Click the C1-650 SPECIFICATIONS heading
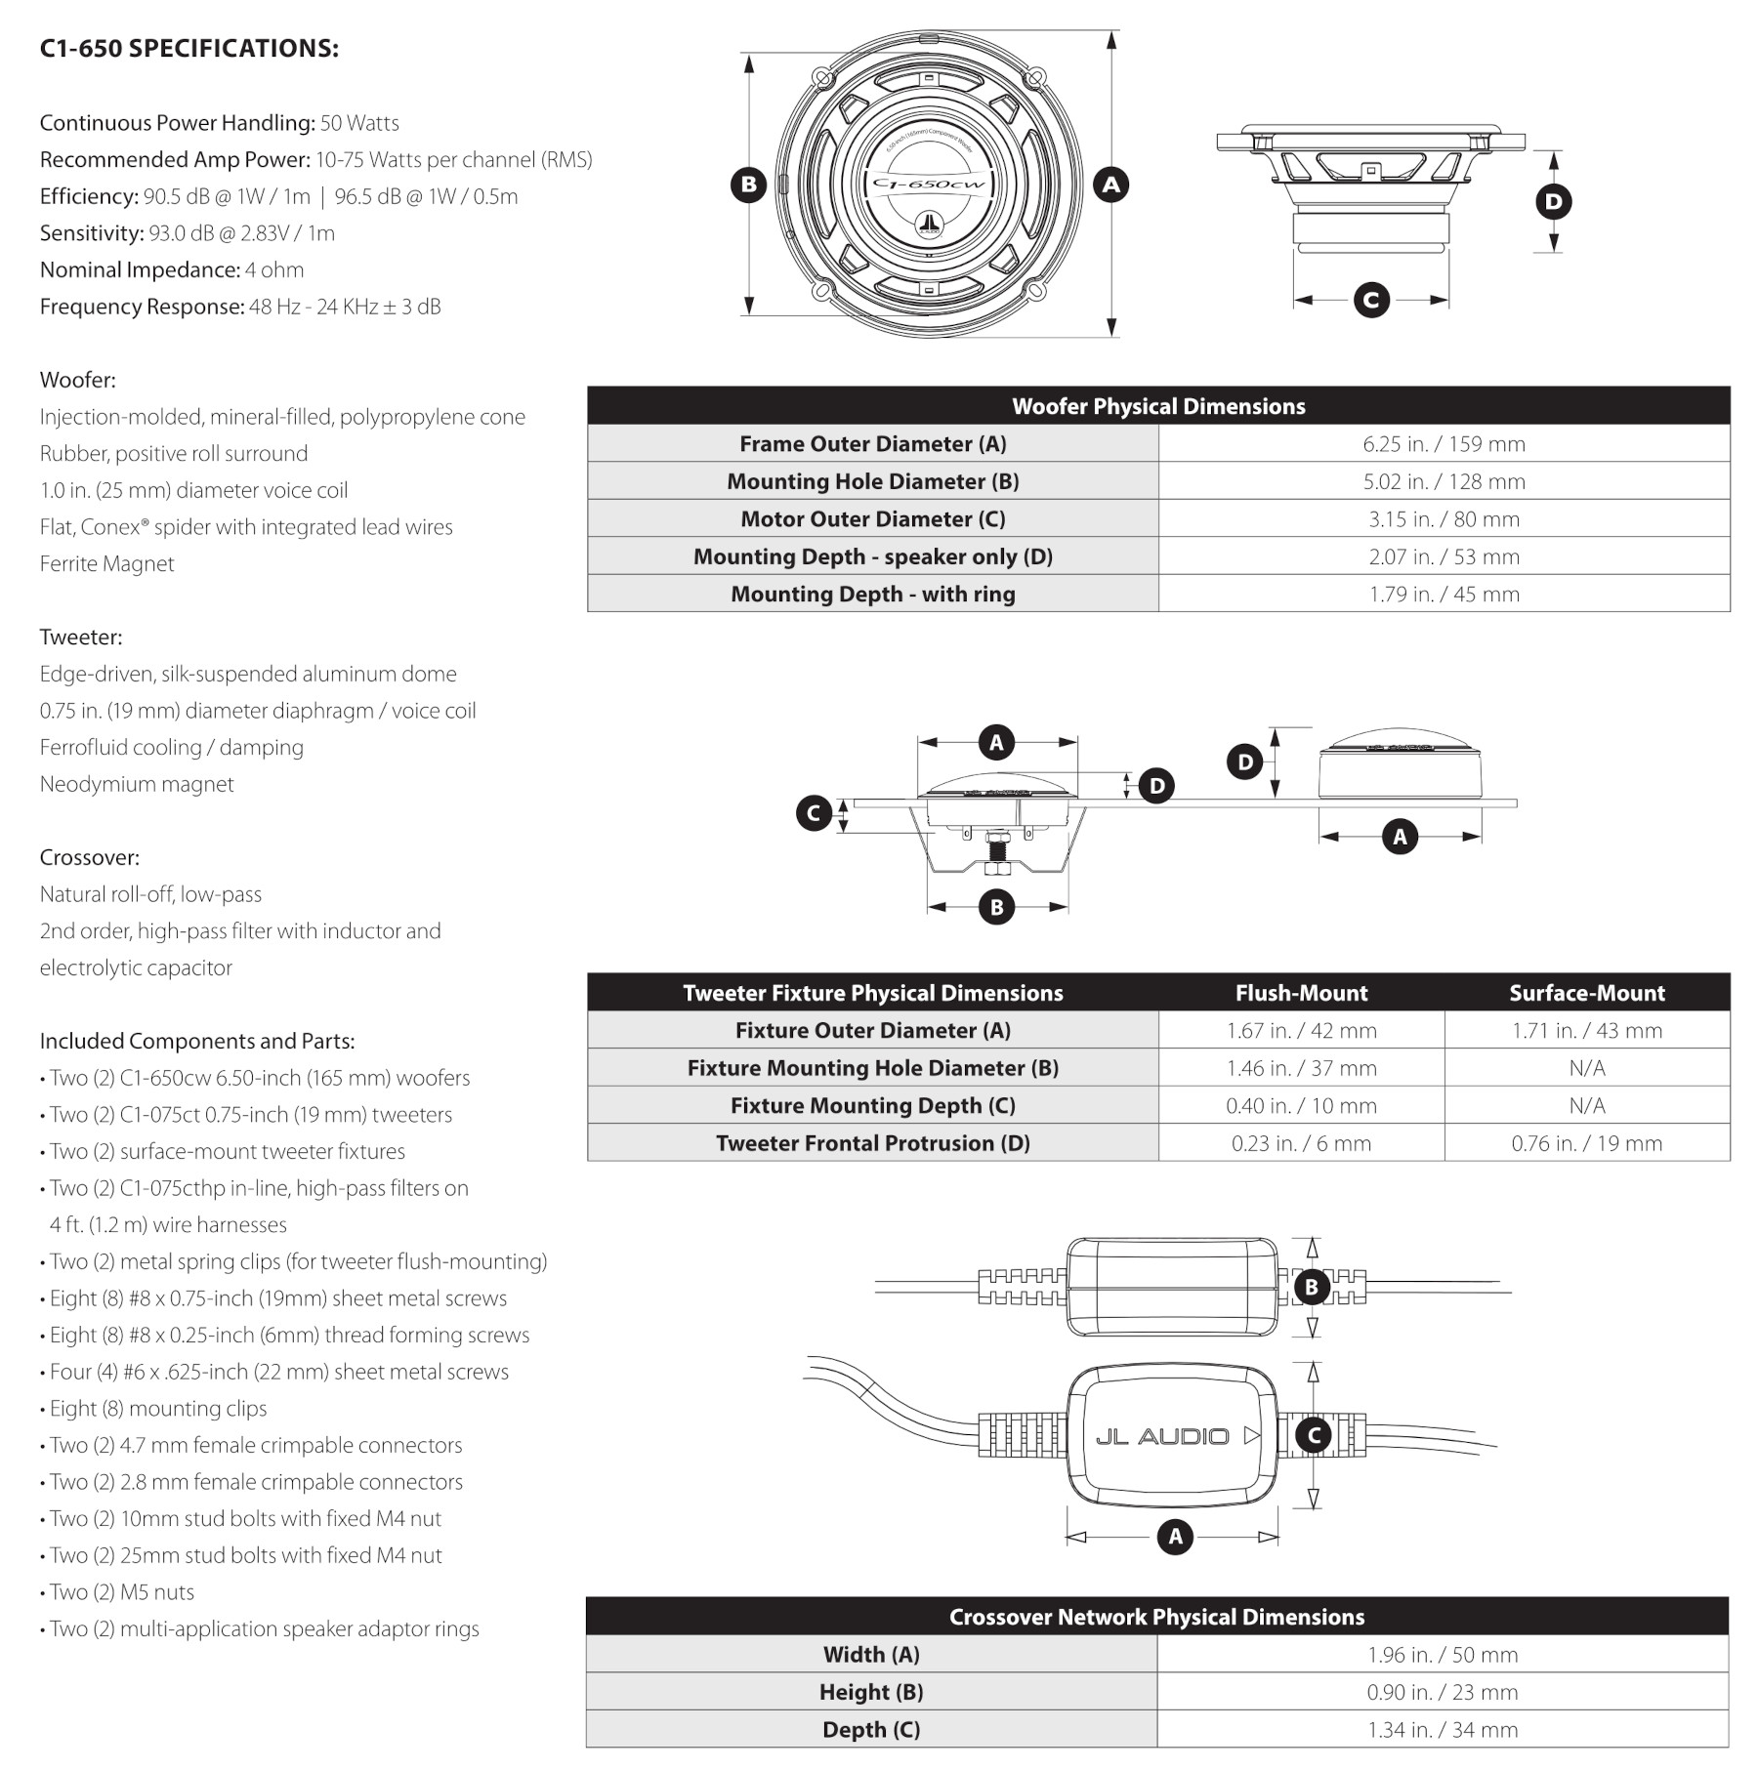(x=188, y=48)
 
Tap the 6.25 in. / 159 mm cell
(x=1444, y=444)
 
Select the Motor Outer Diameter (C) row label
(x=872, y=519)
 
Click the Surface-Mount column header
(x=1587, y=993)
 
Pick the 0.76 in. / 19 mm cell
(x=1587, y=1143)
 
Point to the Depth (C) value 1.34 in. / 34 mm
(x=1443, y=1730)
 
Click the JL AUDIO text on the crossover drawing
(x=1162, y=1436)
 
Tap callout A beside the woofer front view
(x=1110, y=184)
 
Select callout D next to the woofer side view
(x=1553, y=202)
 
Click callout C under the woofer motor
(x=1371, y=300)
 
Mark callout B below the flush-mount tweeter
(x=996, y=907)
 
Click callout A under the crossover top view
(x=1175, y=1537)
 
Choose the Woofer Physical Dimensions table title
(x=1158, y=406)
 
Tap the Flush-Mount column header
(x=1301, y=993)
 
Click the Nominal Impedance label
(x=140, y=269)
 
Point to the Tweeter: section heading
(x=81, y=638)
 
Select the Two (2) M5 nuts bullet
(x=117, y=1592)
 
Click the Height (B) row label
(x=871, y=1692)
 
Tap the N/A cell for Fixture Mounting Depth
(x=1587, y=1106)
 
